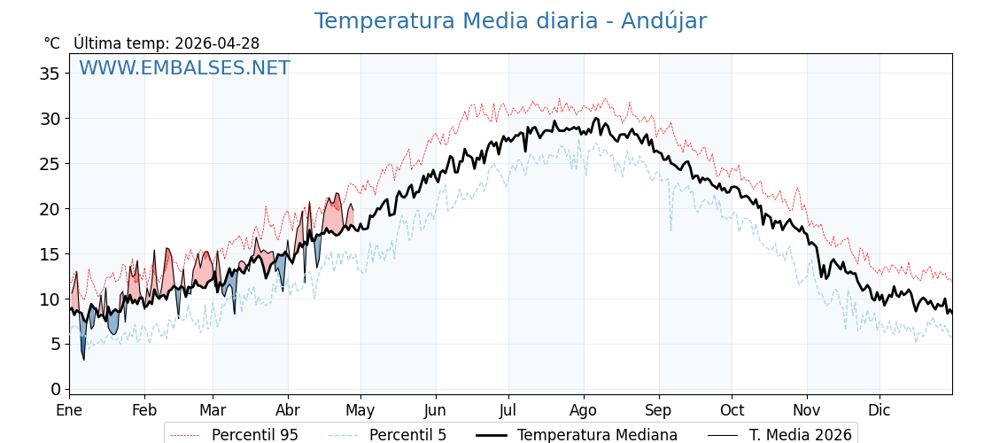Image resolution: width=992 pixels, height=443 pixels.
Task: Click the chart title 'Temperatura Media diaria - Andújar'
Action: pos(510,21)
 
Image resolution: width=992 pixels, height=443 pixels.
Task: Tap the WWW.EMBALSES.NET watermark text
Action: pos(184,68)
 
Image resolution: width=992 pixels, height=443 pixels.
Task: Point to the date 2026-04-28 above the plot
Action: pos(217,43)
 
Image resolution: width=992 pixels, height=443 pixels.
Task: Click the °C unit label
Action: pos(51,43)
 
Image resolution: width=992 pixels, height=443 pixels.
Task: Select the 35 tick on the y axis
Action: pos(50,74)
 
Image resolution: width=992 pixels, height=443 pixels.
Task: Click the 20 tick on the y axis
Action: pos(50,209)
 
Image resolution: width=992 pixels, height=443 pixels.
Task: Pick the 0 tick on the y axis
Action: pos(55,389)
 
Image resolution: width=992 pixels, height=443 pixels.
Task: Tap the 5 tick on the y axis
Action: pos(55,344)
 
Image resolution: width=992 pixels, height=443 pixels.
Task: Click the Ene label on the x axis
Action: pos(69,411)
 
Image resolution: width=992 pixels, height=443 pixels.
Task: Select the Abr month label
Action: pos(288,411)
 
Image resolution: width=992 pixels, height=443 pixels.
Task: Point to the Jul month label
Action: pos(508,411)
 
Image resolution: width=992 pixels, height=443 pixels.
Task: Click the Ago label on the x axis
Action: pos(584,411)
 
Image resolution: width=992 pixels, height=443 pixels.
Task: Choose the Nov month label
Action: pos(807,411)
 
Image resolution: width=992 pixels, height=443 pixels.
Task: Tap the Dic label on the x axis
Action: pos(880,411)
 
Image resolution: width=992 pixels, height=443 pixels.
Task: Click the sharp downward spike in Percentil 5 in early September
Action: pos(670,228)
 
